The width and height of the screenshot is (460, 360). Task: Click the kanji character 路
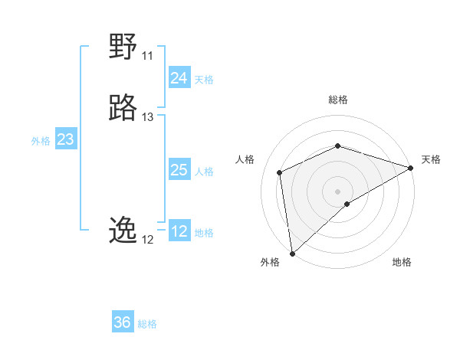pyautogui.click(x=123, y=108)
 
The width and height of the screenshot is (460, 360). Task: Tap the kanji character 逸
pyautogui.click(x=123, y=230)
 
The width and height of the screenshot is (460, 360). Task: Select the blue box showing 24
pyautogui.click(x=179, y=78)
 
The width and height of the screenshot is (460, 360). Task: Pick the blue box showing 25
pyautogui.click(x=179, y=170)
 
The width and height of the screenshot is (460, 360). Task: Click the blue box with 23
pyautogui.click(x=65, y=139)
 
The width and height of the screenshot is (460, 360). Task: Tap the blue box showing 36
pyautogui.click(x=122, y=322)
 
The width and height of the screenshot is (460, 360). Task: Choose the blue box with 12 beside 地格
pyautogui.click(x=179, y=231)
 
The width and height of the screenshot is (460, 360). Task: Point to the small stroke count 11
pyautogui.click(x=147, y=56)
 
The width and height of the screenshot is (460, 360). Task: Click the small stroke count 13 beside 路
pyautogui.click(x=147, y=117)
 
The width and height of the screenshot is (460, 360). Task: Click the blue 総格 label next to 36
pyautogui.click(x=147, y=324)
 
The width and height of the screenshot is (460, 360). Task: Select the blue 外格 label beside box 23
pyautogui.click(x=40, y=141)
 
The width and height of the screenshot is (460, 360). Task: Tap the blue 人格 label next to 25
pyautogui.click(x=204, y=172)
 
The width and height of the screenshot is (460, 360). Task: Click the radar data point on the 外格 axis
pyautogui.click(x=291, y=254)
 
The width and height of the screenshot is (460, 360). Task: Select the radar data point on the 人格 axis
pyautogui.click(x=280, y=172)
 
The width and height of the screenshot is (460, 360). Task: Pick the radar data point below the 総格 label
pyautogui.click(x=337, y=146)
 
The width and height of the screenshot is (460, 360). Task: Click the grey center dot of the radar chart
pyautogui.click(x=337, y=191)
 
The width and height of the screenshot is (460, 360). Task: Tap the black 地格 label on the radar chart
pyautogui.click(x=402, y=262)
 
